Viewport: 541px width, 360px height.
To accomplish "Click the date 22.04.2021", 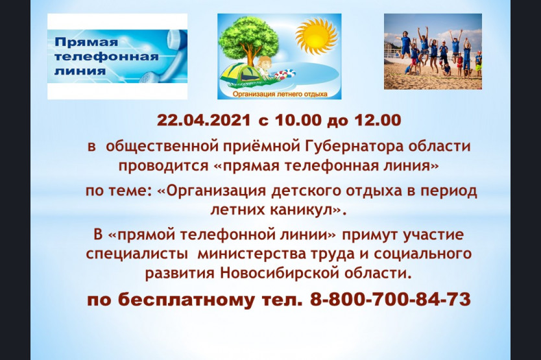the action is coord(204,120).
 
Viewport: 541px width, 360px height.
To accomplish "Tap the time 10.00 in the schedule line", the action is coord(298,120).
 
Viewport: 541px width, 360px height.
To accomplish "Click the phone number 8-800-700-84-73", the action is coord(391,299).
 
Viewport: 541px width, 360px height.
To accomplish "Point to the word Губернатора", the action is coord(354,147).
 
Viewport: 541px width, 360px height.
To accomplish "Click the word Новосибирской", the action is coord(278,273).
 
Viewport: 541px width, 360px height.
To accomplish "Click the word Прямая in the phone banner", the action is coord(86,43).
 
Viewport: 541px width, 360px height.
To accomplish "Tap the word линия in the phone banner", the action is coord(80,71).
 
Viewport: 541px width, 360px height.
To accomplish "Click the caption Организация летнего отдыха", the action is coord(280,94).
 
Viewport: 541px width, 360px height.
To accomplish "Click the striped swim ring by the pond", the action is coord(285,74).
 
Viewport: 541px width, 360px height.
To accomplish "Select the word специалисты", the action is coord(137,254).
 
